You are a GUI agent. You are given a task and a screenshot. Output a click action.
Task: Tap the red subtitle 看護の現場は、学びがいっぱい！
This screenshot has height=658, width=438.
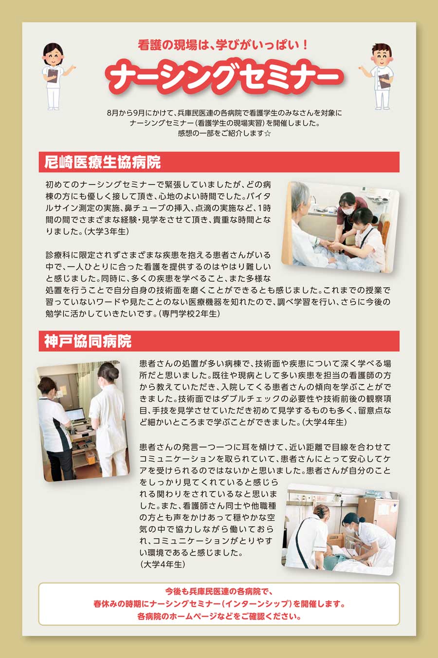pyautogui.click(x=223, y=45)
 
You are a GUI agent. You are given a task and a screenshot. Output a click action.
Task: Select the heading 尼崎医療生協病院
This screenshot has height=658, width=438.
pyautogui.click(x=103, y=162)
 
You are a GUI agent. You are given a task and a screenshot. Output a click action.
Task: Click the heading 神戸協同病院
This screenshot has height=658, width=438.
pyautogui.click(x=88, y=341)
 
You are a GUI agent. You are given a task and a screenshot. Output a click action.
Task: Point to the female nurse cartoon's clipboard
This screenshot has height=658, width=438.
pyautogui.click(x=52, y=76)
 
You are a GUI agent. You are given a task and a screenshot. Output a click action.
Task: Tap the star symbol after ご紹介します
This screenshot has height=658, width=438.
pyautogui.click(x=267, y=133)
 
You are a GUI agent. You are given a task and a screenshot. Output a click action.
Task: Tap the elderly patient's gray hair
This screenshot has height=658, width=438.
pyautogui.click(x=300, y=196)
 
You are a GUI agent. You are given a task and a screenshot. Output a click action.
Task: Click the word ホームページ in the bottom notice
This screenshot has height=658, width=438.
pyautogui.click(x=194, y=616)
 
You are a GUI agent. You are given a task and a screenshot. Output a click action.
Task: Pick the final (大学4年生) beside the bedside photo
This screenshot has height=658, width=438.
pyautogui.click(x=163, y=564)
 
